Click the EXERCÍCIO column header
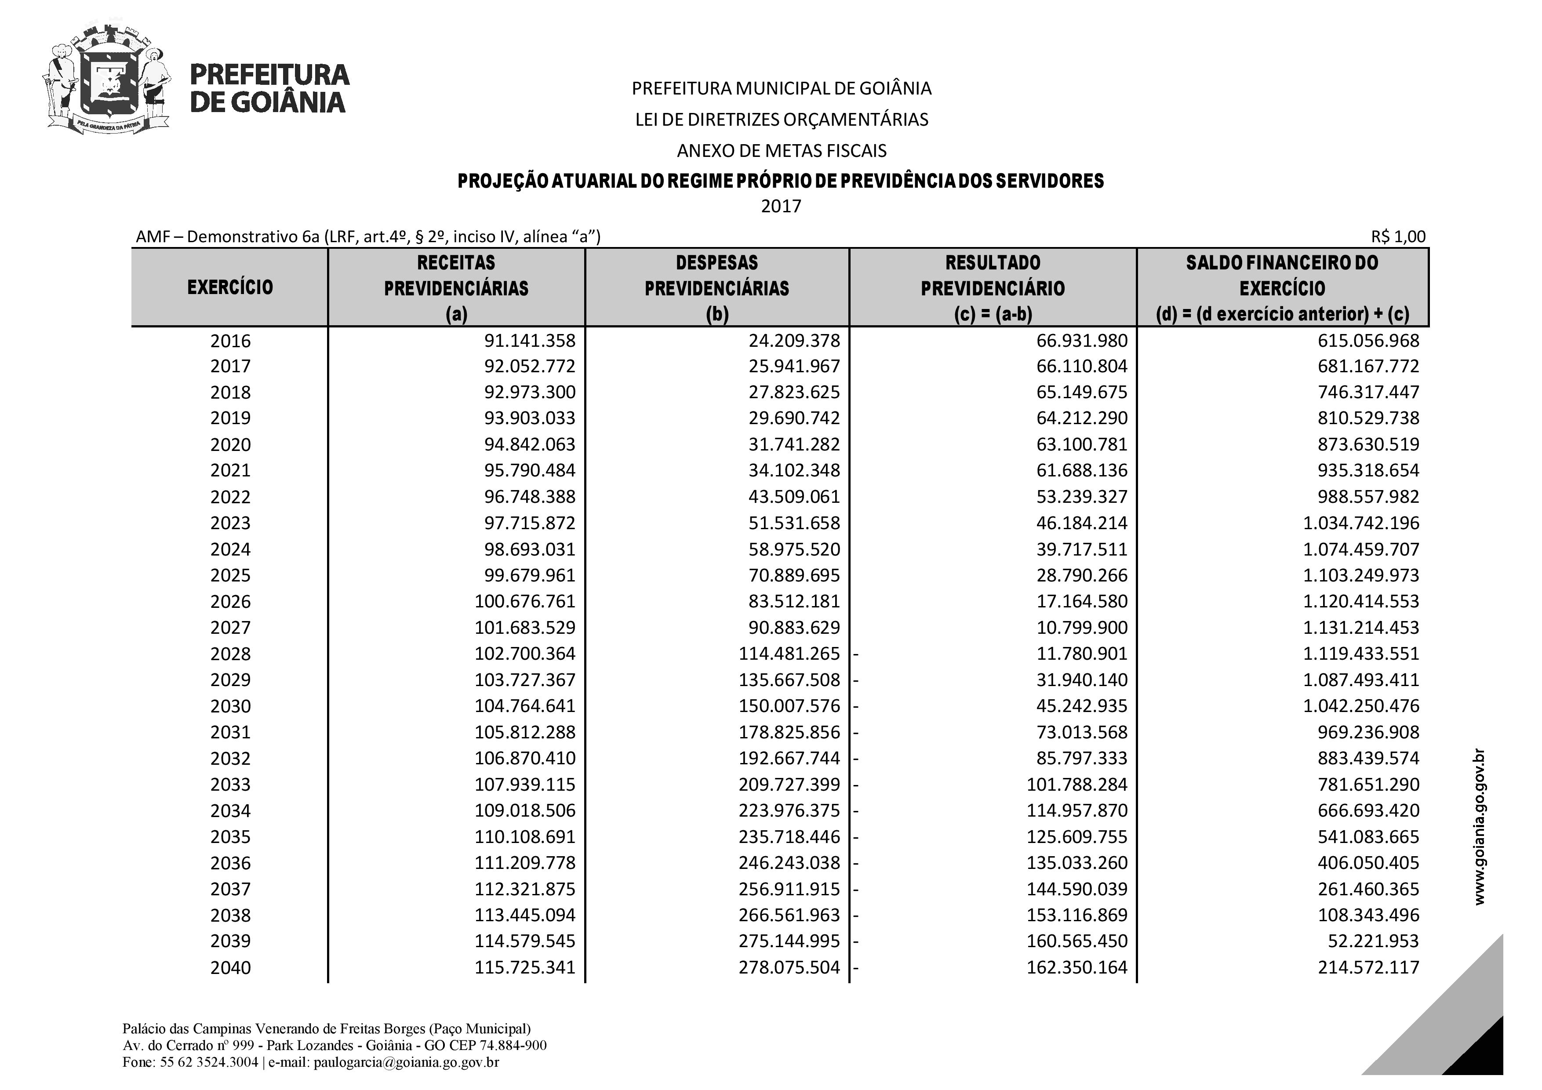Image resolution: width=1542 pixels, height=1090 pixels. coord(230,287)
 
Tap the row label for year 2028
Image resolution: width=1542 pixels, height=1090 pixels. coord(230,654)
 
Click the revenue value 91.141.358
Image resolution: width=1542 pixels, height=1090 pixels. coord(529,341)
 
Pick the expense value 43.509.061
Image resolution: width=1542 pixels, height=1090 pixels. coord(794,497)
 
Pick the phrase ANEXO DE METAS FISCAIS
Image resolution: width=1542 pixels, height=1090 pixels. coord(781,150)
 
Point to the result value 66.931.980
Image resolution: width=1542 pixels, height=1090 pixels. coord(1081,341)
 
